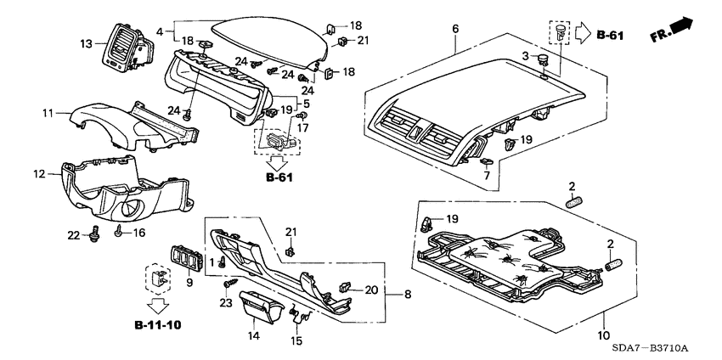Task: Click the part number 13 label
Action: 86,43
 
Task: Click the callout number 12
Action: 38,174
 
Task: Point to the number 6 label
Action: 455,29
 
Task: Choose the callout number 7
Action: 487,175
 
